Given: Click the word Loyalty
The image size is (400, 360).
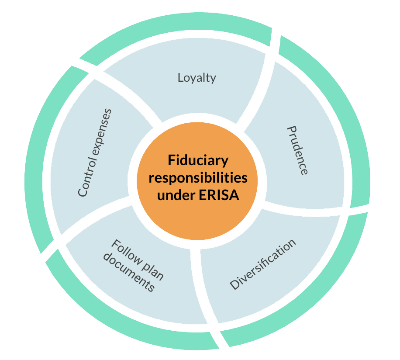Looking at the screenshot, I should click(x=197, y=78).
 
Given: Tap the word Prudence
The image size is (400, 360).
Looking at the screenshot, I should click(x=297, y=150).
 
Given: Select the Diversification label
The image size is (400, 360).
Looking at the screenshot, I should click(x=263, y=264).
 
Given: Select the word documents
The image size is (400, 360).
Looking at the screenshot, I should click(x=129, y=274).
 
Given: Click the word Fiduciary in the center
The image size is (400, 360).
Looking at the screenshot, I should click(x=198, y=161).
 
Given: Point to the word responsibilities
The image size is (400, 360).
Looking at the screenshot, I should click(x=198, y=178).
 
